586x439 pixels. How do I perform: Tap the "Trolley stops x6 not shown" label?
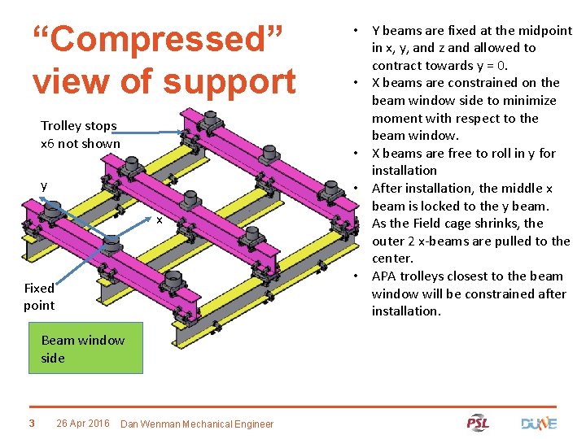80,135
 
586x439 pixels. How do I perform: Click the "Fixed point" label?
39,297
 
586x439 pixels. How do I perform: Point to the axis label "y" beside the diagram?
45,185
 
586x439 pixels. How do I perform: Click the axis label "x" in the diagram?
160,220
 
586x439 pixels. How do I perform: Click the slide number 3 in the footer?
31,423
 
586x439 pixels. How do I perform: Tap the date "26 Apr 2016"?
83,423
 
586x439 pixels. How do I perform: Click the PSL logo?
478,423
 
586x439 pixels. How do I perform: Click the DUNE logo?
538,423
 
